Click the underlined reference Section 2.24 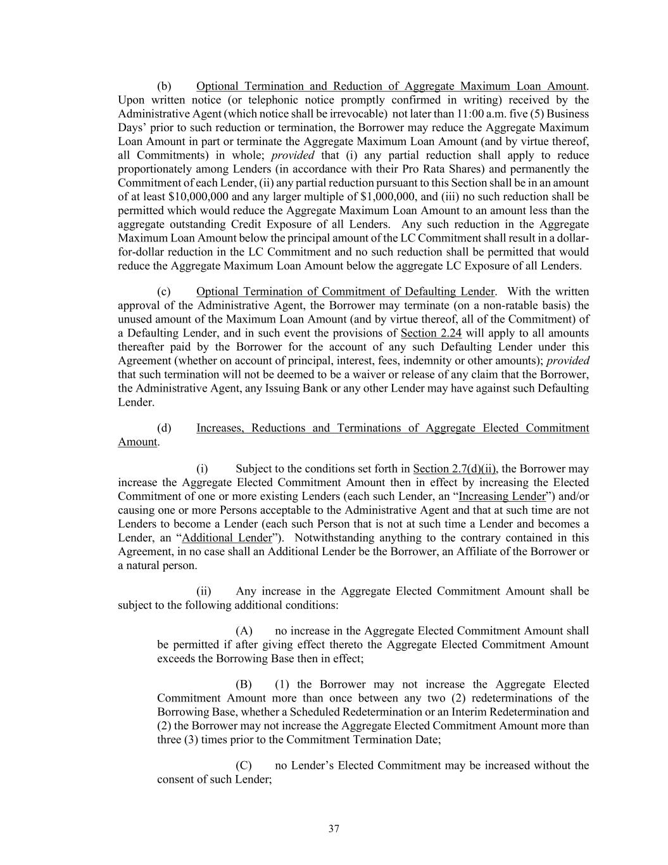432,333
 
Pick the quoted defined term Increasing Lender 501,496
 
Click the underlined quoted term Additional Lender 227,538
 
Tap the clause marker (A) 244,631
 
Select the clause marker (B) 244,684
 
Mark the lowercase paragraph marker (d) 164,428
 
